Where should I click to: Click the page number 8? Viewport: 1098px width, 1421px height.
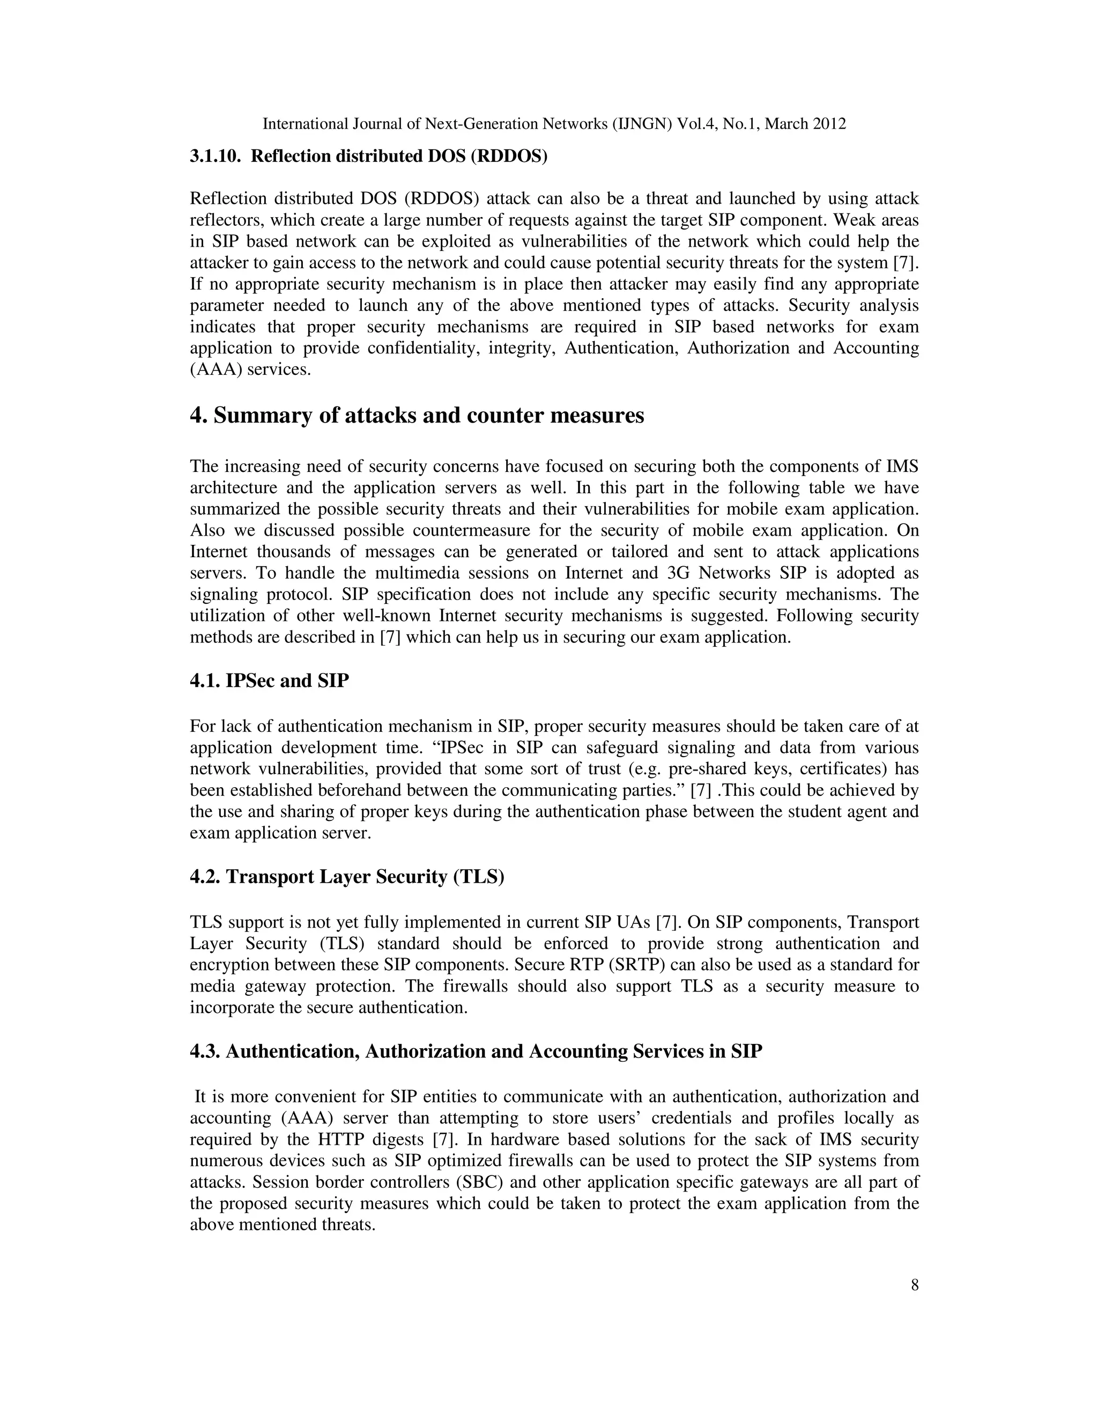tap(915, 1284)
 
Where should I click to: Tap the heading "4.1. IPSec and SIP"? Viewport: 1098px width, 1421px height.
tap(269, 681)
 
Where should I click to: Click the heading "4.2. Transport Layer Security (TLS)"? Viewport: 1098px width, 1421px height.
tap(347, 877)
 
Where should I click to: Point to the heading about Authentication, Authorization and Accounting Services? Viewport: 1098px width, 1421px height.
tap(476, 1052)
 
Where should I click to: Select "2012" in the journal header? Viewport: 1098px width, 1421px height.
tap(829, 124)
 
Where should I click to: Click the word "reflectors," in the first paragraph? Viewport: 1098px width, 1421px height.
tap(226, 220)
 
